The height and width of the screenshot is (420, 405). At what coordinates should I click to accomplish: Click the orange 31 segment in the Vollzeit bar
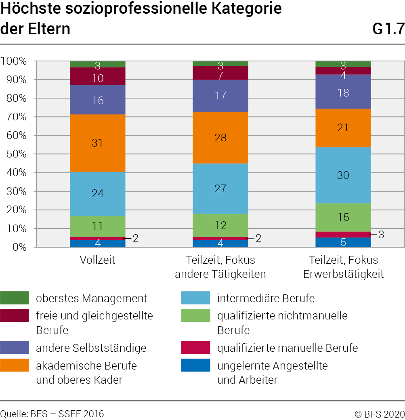click(98, 143)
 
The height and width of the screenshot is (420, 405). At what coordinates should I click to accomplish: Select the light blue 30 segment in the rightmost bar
click(343, 175)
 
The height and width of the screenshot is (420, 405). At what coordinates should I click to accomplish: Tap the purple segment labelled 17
click(220, 96)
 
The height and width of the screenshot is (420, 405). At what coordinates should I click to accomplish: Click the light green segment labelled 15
click(343, 217)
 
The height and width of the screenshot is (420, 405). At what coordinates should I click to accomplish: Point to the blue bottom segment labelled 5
click(343, 242)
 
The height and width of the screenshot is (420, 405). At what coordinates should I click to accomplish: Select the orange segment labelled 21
click(343, 128)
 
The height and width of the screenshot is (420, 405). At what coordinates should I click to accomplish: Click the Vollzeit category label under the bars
click(97, 260)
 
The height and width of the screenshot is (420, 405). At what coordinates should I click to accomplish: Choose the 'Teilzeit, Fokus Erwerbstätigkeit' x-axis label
click(343, 267)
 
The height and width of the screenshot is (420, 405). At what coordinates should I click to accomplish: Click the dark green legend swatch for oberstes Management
click(15, 298)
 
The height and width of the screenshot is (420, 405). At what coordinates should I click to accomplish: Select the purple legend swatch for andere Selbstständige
click(15, 348)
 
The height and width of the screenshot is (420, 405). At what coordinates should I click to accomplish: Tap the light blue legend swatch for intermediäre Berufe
click(196, 298)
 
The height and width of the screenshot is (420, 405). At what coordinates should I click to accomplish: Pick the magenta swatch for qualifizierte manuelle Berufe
click(196, 348)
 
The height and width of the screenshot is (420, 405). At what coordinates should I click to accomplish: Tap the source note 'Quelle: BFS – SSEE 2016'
click(52, 414)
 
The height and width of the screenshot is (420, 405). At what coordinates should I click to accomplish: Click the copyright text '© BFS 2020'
click(379, 414)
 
